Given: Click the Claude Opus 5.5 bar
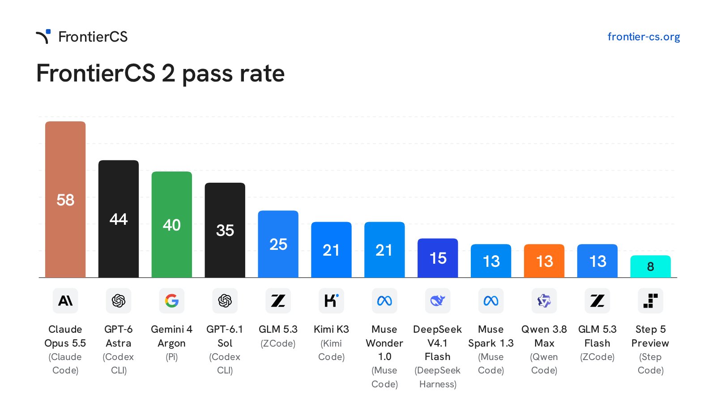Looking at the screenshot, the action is click(65, 199).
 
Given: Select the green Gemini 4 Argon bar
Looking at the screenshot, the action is click(172, 224).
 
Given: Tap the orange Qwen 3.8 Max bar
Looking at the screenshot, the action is click(544, 261).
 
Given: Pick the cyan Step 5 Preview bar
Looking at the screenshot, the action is click(651, 266).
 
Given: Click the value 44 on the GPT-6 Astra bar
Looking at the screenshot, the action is click(119, 219).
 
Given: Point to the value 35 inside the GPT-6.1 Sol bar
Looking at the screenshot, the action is click(225, 230).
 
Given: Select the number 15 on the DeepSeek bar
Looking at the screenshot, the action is click(438, 258).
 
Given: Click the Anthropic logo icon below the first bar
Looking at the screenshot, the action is click(65, 300).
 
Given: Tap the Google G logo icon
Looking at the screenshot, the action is click(172, 300).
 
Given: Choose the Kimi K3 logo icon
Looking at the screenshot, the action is click(331, 300).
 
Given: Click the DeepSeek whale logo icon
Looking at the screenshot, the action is click(438, 300).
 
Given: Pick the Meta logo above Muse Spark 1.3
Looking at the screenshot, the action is click(491, 300).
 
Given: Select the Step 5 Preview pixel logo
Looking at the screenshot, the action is click(651, 300).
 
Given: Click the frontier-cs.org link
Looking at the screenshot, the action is click(644, 37).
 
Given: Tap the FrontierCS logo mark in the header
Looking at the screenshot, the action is click(43, 36).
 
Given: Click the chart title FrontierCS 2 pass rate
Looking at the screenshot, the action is click(161, 73).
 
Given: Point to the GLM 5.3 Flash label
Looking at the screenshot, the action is click(597, 336).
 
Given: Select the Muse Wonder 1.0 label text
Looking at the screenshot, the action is click(384, 343).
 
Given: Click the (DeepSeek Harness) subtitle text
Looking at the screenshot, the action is click(438, 377).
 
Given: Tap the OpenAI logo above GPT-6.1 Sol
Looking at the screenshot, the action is click(225, 300).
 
